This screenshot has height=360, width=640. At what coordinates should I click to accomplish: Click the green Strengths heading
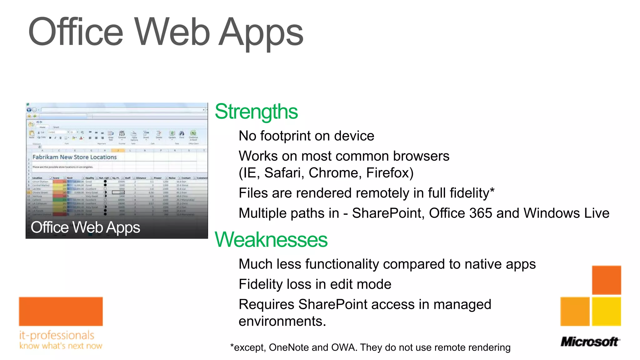[256, 112]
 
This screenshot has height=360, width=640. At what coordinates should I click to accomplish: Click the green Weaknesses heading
[271, 240]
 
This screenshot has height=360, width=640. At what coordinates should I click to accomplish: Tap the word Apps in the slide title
[261, 32]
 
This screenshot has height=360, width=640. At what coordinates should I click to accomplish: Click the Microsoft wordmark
[590, 342]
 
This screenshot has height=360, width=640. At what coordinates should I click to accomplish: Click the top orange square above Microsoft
[606, 280]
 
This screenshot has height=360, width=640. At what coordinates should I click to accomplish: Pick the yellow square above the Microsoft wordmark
[606, 312]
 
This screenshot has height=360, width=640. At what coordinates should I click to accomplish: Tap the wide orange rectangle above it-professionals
[61, 312]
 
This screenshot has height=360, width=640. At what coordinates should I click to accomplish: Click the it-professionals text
[57, 335]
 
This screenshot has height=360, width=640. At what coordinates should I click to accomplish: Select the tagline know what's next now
[61, 346]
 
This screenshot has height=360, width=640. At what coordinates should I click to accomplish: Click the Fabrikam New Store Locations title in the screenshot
[74, 157]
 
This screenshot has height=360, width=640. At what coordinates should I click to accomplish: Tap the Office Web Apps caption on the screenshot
[85, 227]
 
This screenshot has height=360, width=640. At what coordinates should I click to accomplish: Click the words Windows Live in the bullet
[566, 213]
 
